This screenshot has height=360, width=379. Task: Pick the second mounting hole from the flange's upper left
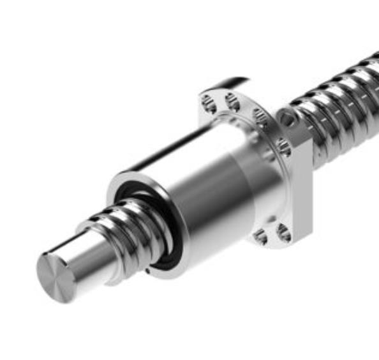pos(231,100)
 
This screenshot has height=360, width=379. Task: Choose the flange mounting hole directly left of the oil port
pos(259,116)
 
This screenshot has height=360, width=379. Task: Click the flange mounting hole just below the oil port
pos(283,148)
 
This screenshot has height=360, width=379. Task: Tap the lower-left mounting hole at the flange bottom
pos(260,236)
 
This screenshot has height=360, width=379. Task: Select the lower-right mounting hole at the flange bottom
pos(283,232)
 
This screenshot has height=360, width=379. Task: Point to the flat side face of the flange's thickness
pos(302,191)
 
